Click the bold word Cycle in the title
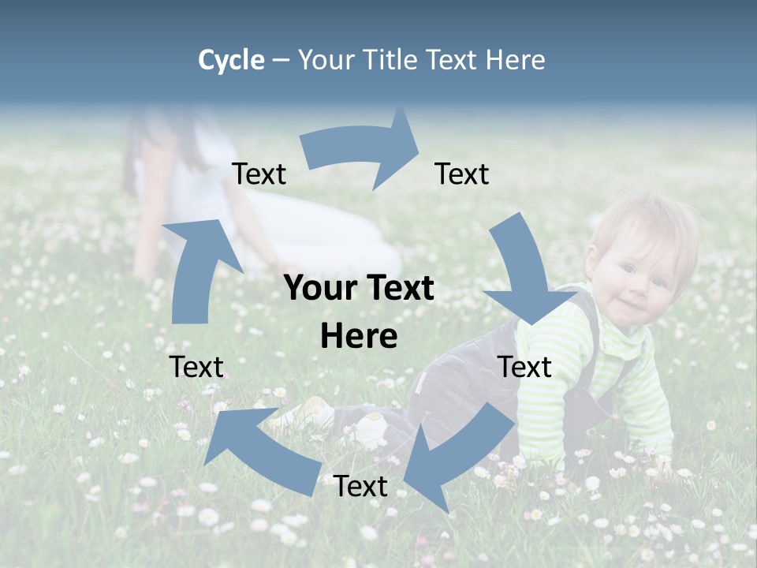[x=231, y=60]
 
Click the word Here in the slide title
[x=515, y=60]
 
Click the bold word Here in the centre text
[x=359, y=337]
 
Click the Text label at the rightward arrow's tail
[x=259, y=174]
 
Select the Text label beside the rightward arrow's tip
[x=462, y=174]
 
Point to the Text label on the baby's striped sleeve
[x=525, y=367]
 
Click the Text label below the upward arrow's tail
[x=196, y=367]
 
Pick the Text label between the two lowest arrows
[x=360, y=487]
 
